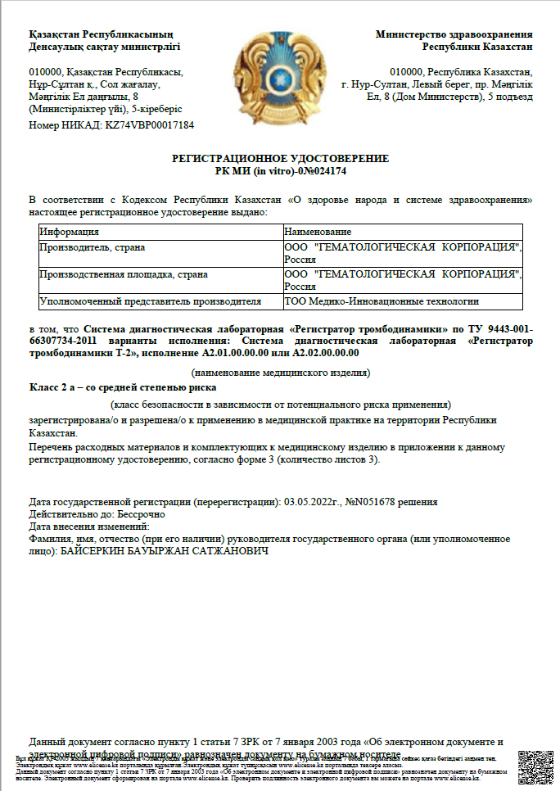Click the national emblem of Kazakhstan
pyautogui.click(x=280, y=80)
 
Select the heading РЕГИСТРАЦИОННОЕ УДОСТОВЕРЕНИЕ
pyautogui.click(x=280, y=158)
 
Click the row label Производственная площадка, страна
pyautogui.click(x=123, y=274)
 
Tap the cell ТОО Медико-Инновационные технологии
pyautogui.click(x=371, y=301)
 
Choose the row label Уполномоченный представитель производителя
pyautogui.click(x=149, y=301)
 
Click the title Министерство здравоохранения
pyautogui.click(x=454, y=34)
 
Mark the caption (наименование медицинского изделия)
pyautogui.click(x=280, y=373)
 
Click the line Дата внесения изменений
pyautogui.click(x=89, y=527)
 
